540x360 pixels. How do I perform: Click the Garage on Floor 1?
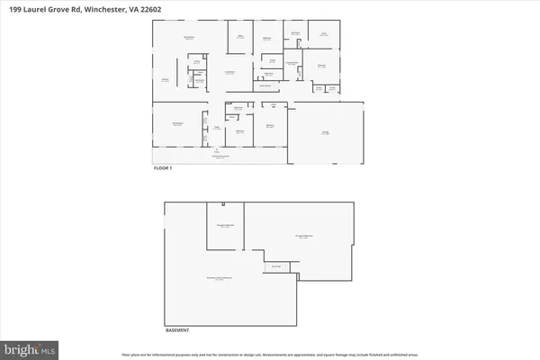[326, 132]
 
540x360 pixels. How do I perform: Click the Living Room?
[229, 72]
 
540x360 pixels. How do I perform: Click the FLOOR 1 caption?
[162, 168]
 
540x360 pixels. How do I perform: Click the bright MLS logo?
[29, 346]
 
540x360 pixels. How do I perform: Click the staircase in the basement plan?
[277, 265]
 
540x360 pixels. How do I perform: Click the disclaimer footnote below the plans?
[270, 351]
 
